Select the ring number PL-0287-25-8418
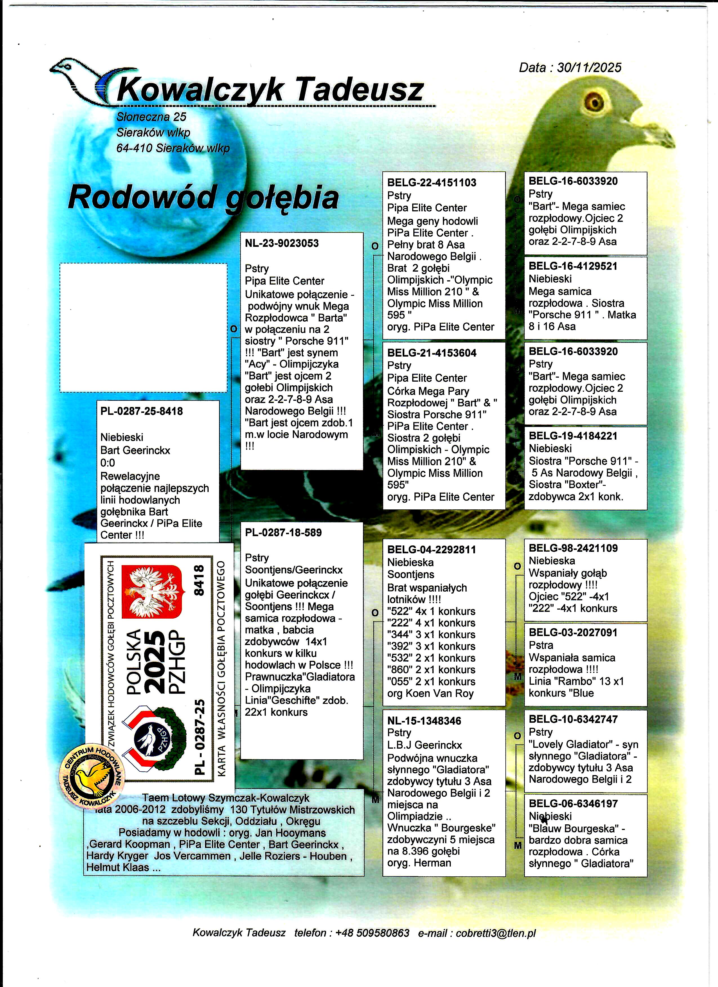tap(142, 411)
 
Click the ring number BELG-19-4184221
tap(573, 436)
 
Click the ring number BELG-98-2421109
tap(573, 548)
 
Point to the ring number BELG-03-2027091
tap(573, 633)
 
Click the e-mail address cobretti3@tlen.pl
tap(496, 933)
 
